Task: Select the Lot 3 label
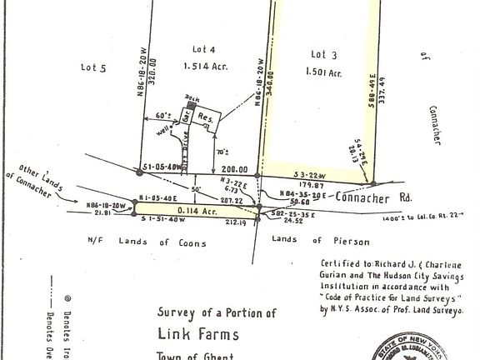(320, 55)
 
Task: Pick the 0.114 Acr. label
(188, 212)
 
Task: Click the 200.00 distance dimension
(226, 167)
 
